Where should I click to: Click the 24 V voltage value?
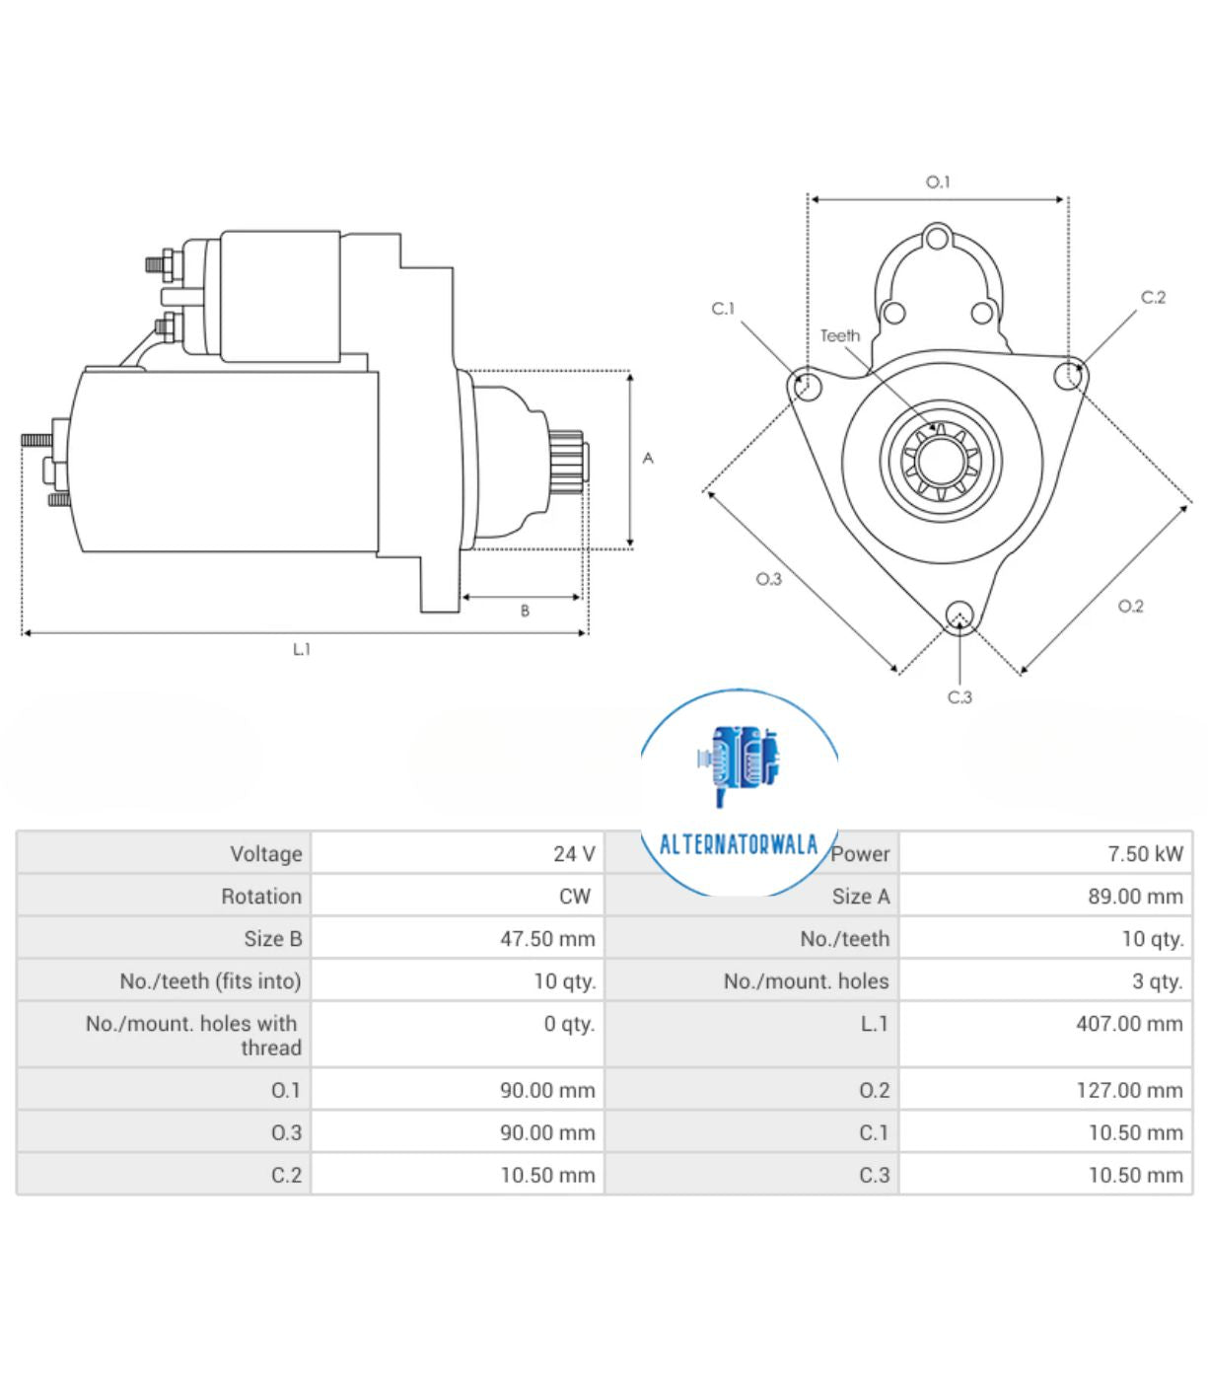pos(573,854)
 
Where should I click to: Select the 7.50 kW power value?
pos(1144,854)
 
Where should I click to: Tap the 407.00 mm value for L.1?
pos(1128,1024)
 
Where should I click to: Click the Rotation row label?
pos(261,897)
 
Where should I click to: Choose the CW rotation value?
pos(575,897)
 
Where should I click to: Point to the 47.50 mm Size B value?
pos(547,939)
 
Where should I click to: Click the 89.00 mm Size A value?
pos(1134,897)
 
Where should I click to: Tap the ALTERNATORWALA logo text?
pos(739,844)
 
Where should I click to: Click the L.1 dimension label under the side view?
pos(302,649)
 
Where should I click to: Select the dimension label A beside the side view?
pos(648,458)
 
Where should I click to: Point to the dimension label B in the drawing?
pos(525,612)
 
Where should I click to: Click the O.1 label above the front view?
pos(938,181)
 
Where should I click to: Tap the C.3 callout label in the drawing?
pos(959,697)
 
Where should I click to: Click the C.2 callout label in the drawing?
pos(1153,297)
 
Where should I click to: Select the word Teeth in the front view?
pos(840,335)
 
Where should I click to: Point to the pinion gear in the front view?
pos(941,461)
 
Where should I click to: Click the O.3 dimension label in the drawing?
pos(769,579)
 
